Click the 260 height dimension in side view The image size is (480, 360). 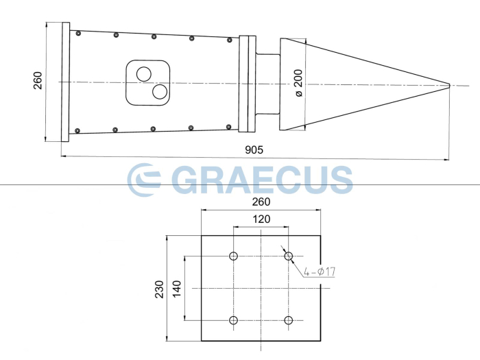coord(37,82)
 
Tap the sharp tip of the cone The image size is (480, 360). coord(449,85)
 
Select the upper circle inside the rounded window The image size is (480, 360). coord(144,73)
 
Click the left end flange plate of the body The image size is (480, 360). coord(65,82)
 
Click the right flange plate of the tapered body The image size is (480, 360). coord(246,83)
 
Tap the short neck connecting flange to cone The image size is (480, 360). coord(267,83)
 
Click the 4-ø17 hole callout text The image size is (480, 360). coord(320,272)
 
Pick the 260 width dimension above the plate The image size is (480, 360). coord(261,202)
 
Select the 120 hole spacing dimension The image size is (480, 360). coord(261,219)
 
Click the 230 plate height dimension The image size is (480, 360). coord(159,289)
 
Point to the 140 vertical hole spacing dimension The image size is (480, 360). coord(177,288)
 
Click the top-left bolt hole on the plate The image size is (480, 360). coord(234,256)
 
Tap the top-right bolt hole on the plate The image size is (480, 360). coord(289,256)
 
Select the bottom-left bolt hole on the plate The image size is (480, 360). coord(234,320)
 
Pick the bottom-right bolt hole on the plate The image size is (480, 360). coord(289,320)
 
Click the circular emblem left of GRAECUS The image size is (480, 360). coord(144,180)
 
